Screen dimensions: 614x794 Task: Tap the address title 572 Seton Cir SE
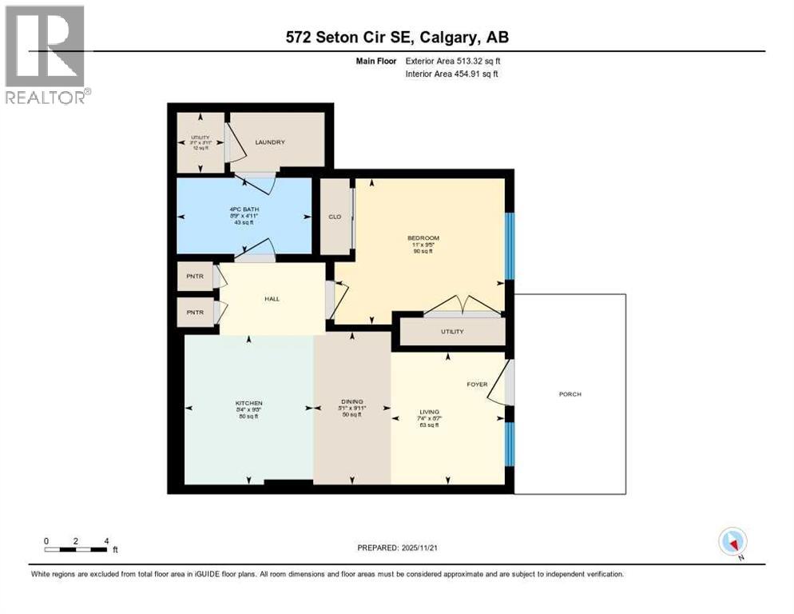click(397, 37)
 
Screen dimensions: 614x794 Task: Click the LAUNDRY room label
click(270, 142)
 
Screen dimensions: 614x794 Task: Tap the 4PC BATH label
click(242, 210)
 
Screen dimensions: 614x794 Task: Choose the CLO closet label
click(335, 217)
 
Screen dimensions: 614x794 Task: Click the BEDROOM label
click(423, 238)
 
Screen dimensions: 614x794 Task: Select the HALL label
click(272, 299)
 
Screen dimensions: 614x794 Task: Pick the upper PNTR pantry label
click(195, 277)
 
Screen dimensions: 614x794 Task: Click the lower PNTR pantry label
click(195, 313)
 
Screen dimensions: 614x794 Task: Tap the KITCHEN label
click(248, 402)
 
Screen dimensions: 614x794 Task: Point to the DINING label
click(352, 402)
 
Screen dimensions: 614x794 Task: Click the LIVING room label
click(428, 413)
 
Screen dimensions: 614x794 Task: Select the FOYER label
click(477, 385)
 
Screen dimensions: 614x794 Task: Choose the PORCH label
click(570, 394)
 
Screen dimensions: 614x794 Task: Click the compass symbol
click(732, 542)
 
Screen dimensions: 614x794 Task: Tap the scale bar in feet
click(77, 548)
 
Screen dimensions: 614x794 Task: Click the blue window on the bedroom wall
click(510, 245)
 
